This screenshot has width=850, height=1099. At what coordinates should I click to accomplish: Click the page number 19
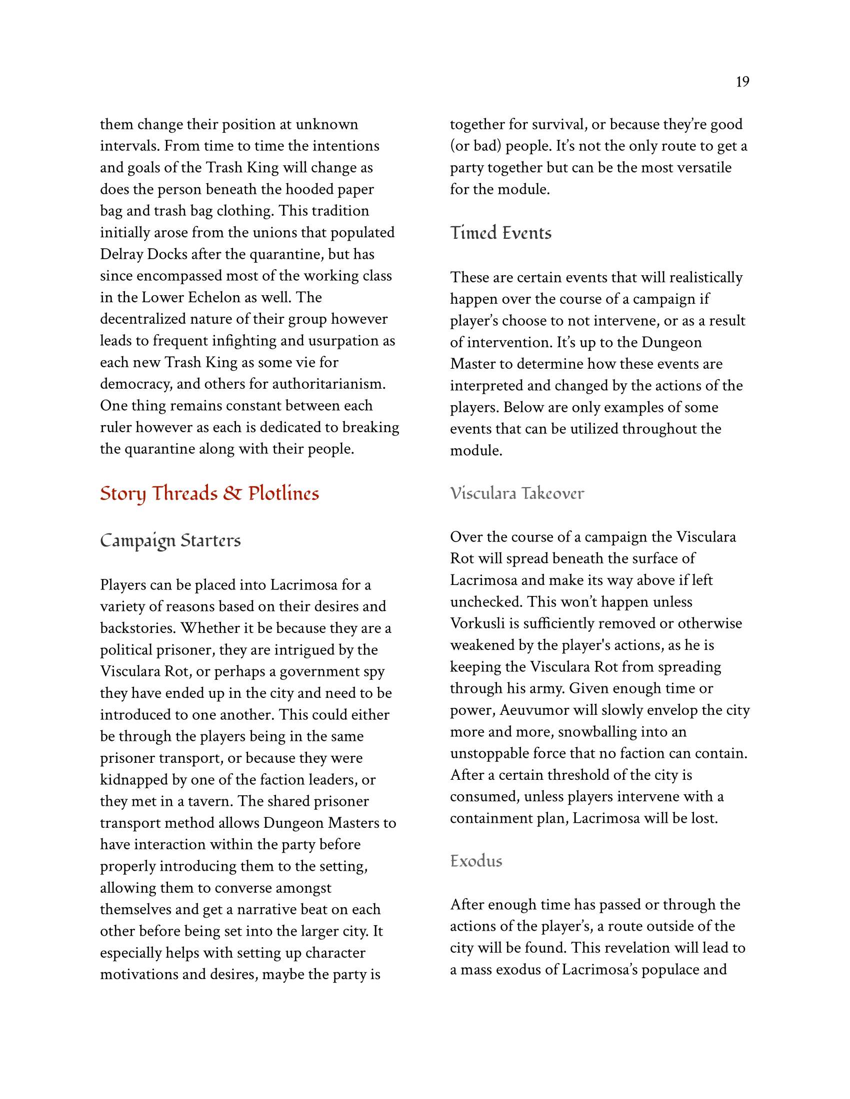tap(742, 81)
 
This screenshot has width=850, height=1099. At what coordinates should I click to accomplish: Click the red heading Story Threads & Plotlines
tap(209, 494)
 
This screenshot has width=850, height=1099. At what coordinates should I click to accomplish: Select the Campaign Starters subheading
tap(170, 541)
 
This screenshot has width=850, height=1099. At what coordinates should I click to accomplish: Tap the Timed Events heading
tap(500, 233)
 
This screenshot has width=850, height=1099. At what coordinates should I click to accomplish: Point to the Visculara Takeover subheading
tap(517, 493)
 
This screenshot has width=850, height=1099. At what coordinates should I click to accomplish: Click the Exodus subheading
tap(476, 861)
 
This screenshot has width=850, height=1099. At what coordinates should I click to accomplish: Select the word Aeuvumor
tap(541, 709)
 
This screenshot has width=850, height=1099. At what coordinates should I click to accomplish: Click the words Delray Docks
tap(143, 254)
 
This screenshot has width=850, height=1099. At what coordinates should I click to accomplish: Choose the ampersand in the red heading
tap(232, 494)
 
